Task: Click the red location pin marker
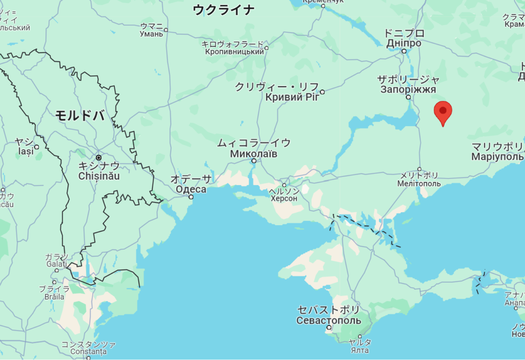(x=442, y=111)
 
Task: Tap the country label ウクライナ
(x=224, y=10)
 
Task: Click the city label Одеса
(x=191, y=189)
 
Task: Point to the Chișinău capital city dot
(x=98, y=157)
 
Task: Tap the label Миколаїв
(x=254, y=153)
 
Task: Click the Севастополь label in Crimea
(x=329, y=321)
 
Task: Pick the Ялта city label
(x=360, y=350)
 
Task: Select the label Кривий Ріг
(x=292, y=97)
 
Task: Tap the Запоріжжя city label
(x=408, y=89)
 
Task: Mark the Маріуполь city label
(x=497, y=156)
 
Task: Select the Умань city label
(x=151, y=34)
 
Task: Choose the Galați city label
(x=55, y=264)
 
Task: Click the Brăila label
(x=54, y=296)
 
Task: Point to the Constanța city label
(x=88, y=352)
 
